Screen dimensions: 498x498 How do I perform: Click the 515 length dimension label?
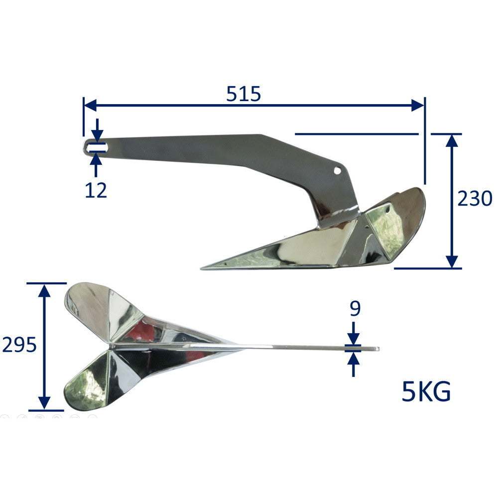[244, 94]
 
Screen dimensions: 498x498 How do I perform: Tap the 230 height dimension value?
[475, 199]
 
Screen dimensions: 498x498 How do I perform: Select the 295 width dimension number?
[19, 345]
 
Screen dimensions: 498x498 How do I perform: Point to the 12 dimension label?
[96, 190]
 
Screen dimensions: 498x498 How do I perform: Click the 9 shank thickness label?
[355, 308]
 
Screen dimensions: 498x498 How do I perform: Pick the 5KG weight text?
[426, 391]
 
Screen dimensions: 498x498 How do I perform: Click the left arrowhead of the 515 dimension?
[90, 105]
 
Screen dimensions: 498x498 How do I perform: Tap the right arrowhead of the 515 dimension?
[417, 105]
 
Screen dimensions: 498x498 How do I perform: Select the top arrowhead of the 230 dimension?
[452, 141]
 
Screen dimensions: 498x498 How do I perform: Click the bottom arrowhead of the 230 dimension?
[452, 261]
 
